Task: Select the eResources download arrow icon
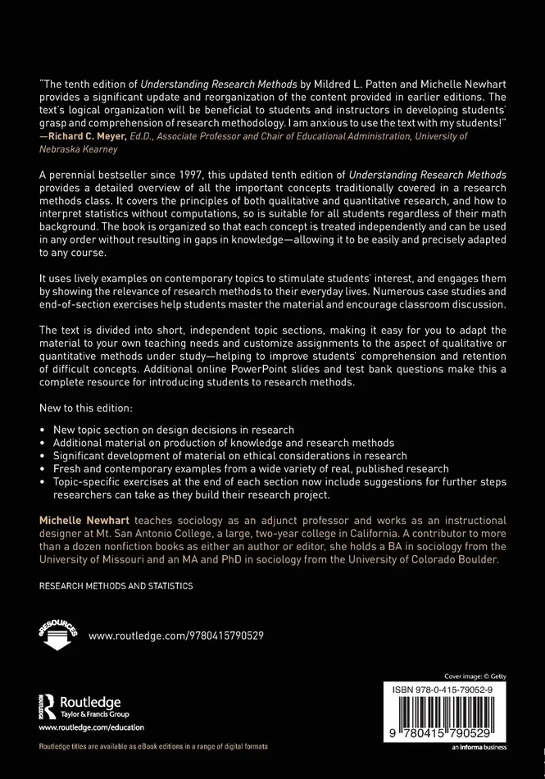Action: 57,635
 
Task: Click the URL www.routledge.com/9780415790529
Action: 175,635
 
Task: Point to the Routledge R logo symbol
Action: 47,705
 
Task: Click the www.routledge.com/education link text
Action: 91,727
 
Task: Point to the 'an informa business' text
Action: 479,747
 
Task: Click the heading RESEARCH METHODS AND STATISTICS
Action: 116,586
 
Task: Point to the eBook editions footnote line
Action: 153,747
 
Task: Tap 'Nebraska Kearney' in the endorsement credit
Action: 79,149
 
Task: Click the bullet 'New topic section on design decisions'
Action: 174,430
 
